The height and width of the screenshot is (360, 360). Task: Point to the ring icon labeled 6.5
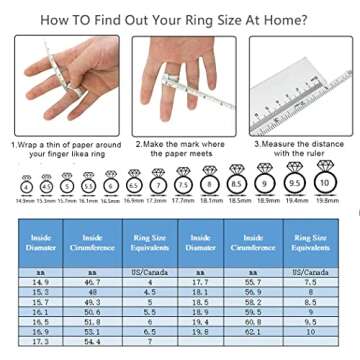coord(134,185)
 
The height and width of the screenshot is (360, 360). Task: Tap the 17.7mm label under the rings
coord(182,200)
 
